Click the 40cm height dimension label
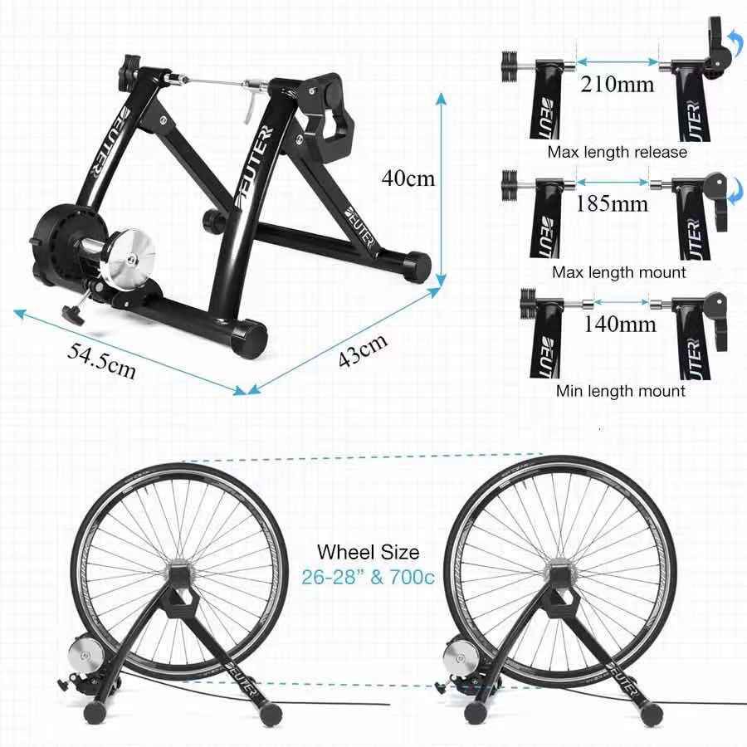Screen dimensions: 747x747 click(x=408, y=178)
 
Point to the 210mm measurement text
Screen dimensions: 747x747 click(x=618, y=84)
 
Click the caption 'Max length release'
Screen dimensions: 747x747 click(x=617, y=152)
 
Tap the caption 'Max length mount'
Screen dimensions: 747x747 click(x=618, y=271)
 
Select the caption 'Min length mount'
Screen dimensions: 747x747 click(x=620, y=391)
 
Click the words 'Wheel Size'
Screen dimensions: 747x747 click(x=369, y=552)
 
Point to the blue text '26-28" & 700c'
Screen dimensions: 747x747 click(x=368, y=578)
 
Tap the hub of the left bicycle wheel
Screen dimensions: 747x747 click(x=180, y=574)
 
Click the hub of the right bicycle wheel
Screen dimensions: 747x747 click(x=559, y=573)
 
